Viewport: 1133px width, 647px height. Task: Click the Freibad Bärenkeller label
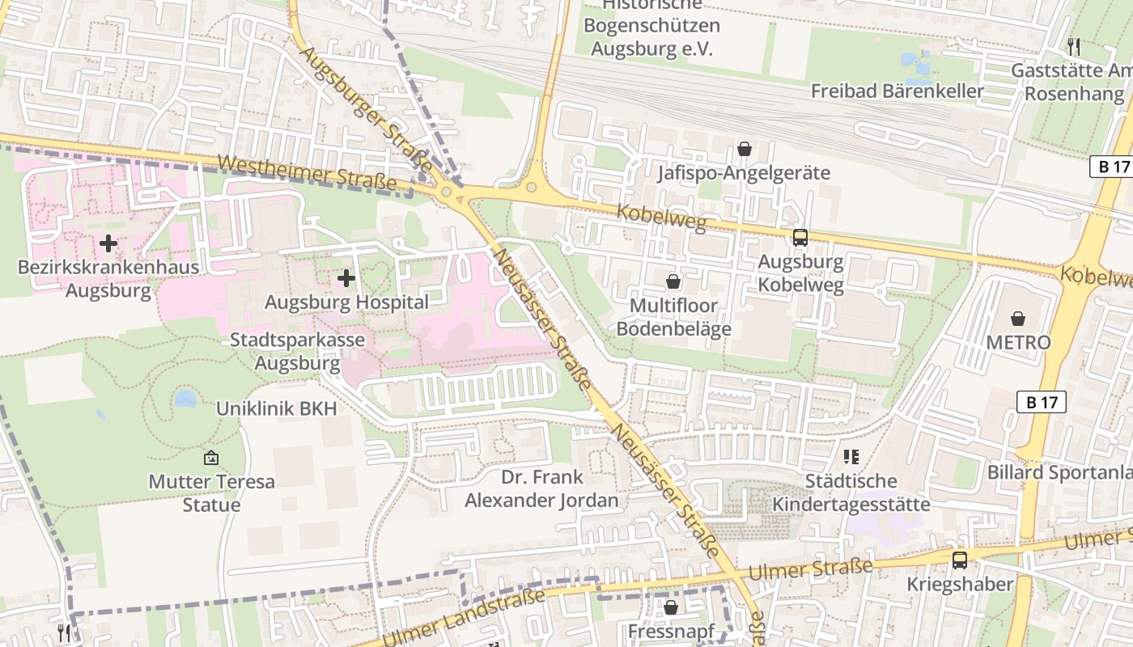click(897, 91)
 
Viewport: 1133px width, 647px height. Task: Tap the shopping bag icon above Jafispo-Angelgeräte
click(744, 149)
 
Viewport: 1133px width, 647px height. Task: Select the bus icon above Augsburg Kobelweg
click(800, 237)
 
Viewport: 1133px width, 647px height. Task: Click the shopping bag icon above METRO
click(1017, 319)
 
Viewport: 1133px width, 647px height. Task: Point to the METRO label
click(1017, 342)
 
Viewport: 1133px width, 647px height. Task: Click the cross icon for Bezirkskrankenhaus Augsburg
click(108, 243)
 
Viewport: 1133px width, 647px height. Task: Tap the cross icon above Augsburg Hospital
click(346, 279)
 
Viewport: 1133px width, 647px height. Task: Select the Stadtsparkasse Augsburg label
click(297, 351)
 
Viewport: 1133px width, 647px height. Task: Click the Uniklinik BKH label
click(276, 408)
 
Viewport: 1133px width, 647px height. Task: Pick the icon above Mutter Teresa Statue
click(211, 458)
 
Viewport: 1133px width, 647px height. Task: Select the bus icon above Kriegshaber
click(959, 560)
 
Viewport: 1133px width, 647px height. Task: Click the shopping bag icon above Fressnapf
click(671, 607)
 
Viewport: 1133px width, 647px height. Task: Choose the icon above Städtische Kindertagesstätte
click(851, 457)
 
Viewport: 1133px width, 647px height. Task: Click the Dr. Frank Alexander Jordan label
click(541, 488)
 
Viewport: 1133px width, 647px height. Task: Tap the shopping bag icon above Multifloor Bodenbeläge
click(673, 281)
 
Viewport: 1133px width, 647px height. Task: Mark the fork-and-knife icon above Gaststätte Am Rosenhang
click(1074, 46)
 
